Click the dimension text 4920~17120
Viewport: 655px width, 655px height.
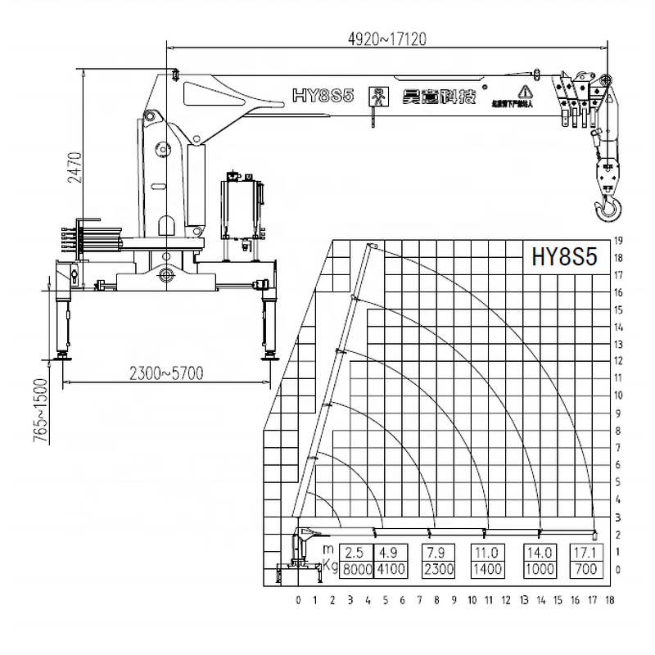(388, 38)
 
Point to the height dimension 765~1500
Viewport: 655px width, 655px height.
(38, 413)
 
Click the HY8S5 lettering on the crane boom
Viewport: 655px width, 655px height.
(323, 96)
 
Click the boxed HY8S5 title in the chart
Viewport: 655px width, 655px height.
(564, 258)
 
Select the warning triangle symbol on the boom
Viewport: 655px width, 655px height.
(523, 91)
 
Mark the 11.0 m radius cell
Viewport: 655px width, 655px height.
(488, 551)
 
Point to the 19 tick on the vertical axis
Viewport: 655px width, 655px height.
(620, 241)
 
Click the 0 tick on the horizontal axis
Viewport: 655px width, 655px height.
(298, 600)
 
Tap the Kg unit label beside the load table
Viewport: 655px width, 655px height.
(327, 566)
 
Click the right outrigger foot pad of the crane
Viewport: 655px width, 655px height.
(268, 357)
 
